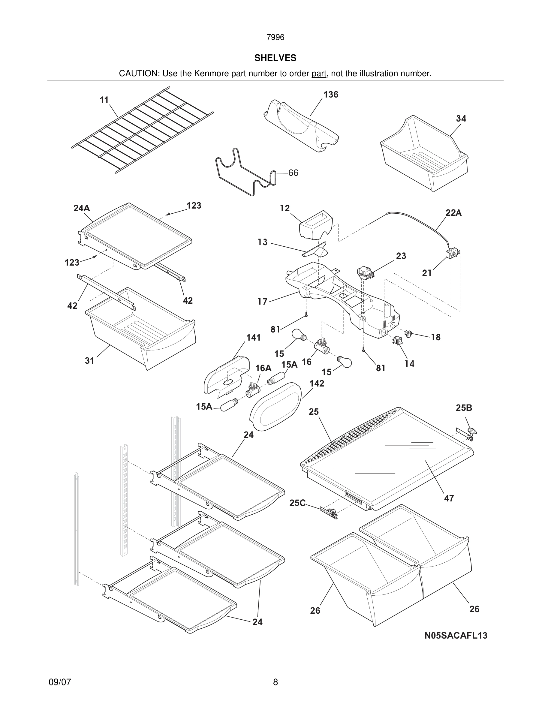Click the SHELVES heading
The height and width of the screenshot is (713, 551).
pyautogui.click(x=275, y=58)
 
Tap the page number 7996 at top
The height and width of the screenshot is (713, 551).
pyautogui.click(x=275, y=38)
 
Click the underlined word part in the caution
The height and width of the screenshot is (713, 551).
pyautogui.click(x=319, y=74)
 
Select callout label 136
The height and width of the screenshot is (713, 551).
pyautogui.click(x=331, y=95)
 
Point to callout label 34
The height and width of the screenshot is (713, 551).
pyautogui.click(x=461, y=119)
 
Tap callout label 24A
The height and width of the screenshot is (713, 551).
pyautogui.click(x=82, y=208)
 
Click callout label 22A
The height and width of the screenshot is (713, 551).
pyautogui.click(x=453, y=213)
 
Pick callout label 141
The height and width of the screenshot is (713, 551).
pyautogui.click(x=253, y=338)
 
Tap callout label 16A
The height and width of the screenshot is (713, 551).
pyautogui.click(x=263, y=368)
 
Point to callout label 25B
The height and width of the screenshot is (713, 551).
pyautogui.click(x=464, y=408)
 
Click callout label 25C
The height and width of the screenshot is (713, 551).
pyautogui.click(x=297, y=503)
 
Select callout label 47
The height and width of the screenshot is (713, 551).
pyautogui.click(x=449, y=498)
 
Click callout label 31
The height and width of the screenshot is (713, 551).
pyautogui.click(x=89, y=360)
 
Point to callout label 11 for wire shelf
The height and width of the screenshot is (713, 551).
pyautogui.click(x=104, y=100)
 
